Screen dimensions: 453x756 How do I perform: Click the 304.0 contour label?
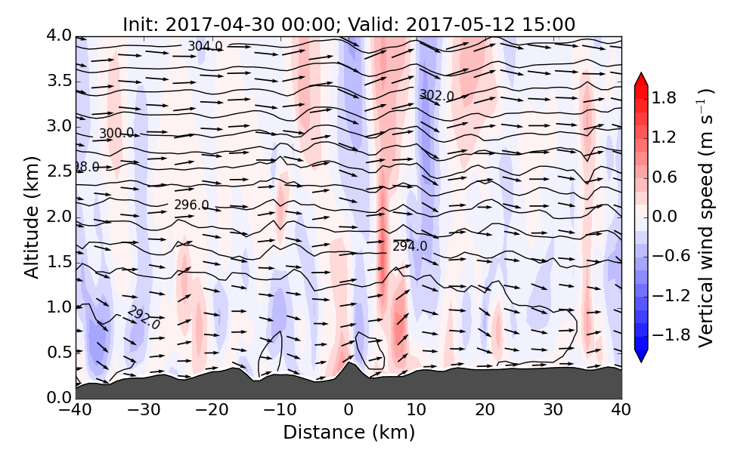(205, 47)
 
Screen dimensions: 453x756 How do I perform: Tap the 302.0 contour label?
(437, 96)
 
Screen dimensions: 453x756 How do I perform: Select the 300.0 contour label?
(116, 134)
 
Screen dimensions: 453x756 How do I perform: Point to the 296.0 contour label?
(191, 205)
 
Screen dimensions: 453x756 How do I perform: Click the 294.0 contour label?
(410, 246)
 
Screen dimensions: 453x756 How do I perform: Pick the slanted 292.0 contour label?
(144, 317)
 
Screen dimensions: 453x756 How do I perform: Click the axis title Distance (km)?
(349, 433)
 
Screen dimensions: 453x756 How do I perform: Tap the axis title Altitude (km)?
(31, 217)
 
